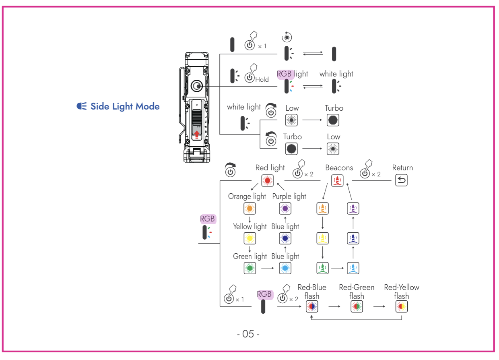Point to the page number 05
tap(248, 334)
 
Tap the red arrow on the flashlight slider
tap(196, 134)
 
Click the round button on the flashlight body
tap(197, 86)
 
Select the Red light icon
tap(267, 181)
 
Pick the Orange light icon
tap(250, 208)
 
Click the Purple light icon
tap(285, 208)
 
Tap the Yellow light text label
tap(249, 226)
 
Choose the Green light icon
tap(250, 268)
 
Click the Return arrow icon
tap(401, 181)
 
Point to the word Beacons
tap(339, 168)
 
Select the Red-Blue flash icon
tap(312, 307)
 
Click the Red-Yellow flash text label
tap(401, 292)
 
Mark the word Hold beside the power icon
tap(262, 80)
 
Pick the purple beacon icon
tap(353, 208)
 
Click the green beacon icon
tap(323, 268)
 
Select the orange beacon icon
tap(323, 208)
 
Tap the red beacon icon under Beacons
tap(337, 181)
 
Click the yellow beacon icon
tap(323, 238)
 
